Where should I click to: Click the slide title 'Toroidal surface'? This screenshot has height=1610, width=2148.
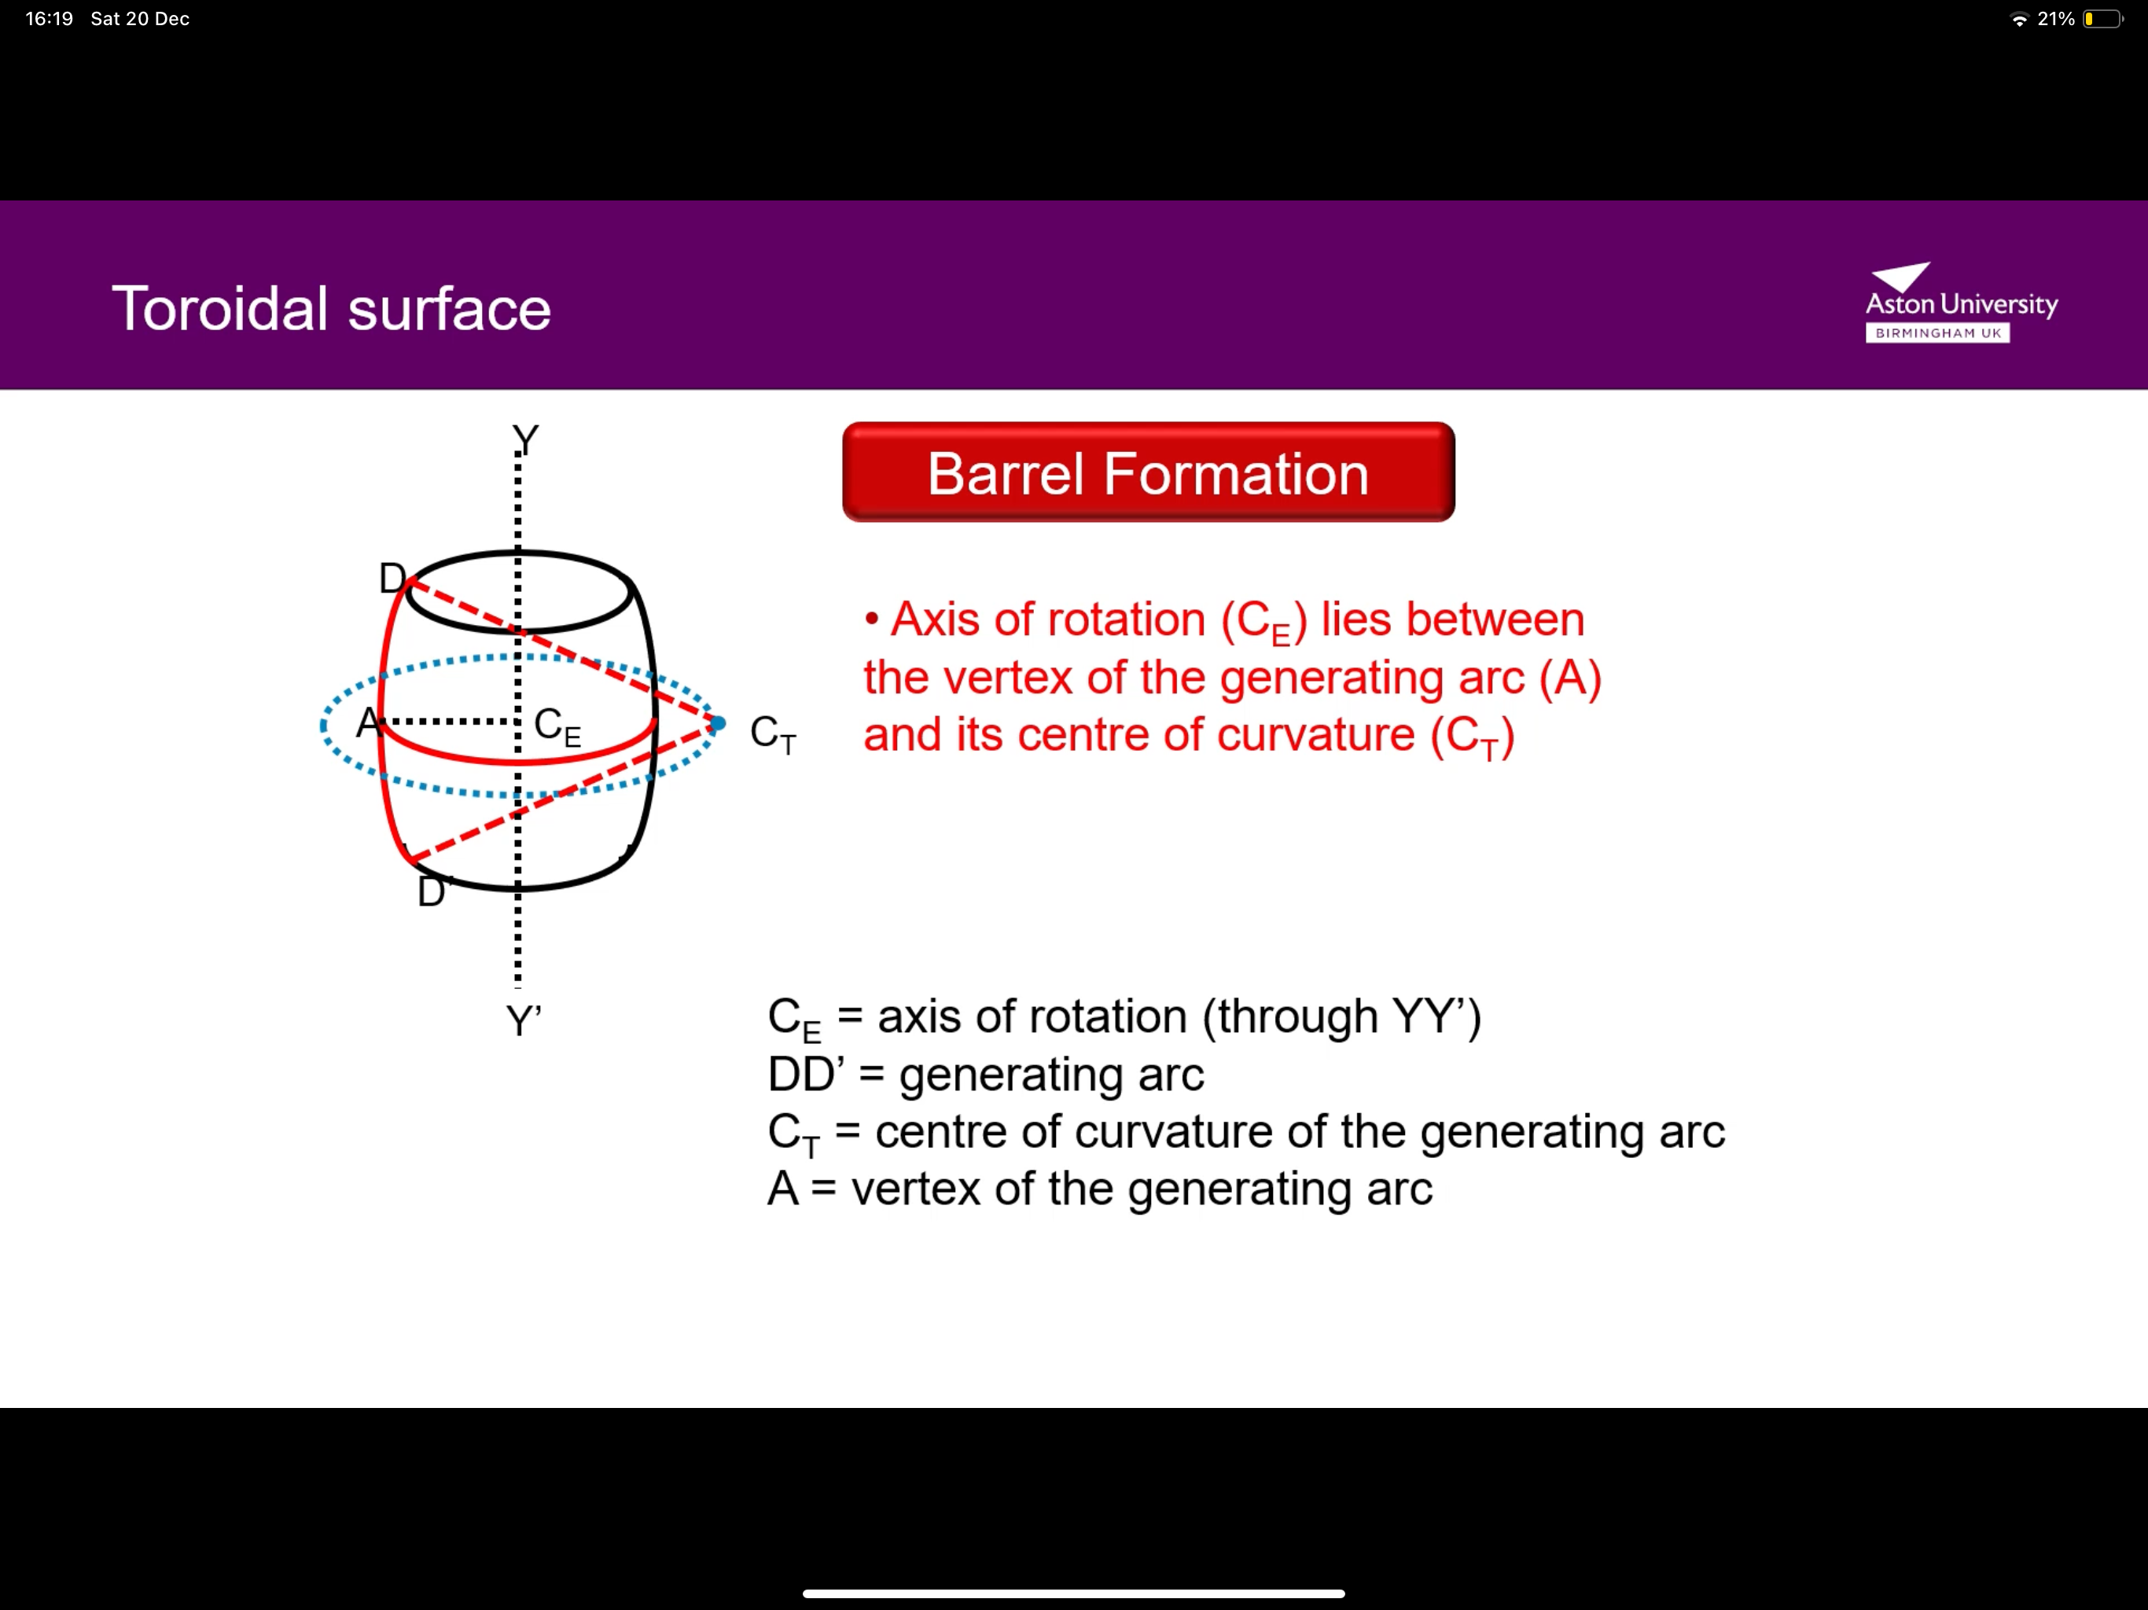(331, 309)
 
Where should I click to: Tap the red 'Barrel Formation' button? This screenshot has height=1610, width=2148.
(1148, 473)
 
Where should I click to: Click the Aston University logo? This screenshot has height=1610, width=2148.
(1961, 303)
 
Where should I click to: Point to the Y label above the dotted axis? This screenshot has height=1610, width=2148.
(525, 440)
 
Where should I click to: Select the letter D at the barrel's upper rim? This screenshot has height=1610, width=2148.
(392, 579)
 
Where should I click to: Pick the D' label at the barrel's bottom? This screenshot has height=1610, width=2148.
(433, 891)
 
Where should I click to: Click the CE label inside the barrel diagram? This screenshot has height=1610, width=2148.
(557, 726)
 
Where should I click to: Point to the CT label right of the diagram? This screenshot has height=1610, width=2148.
(773, 734)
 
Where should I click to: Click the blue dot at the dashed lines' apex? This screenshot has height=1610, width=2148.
(718, 723)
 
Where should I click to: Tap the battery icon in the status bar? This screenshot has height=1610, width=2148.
(2102, 18)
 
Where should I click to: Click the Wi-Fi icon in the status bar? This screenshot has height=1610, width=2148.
(2020, 18)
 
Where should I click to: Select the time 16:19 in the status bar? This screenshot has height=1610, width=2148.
(50, 18)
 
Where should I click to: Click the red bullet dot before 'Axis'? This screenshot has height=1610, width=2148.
(872, 619)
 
